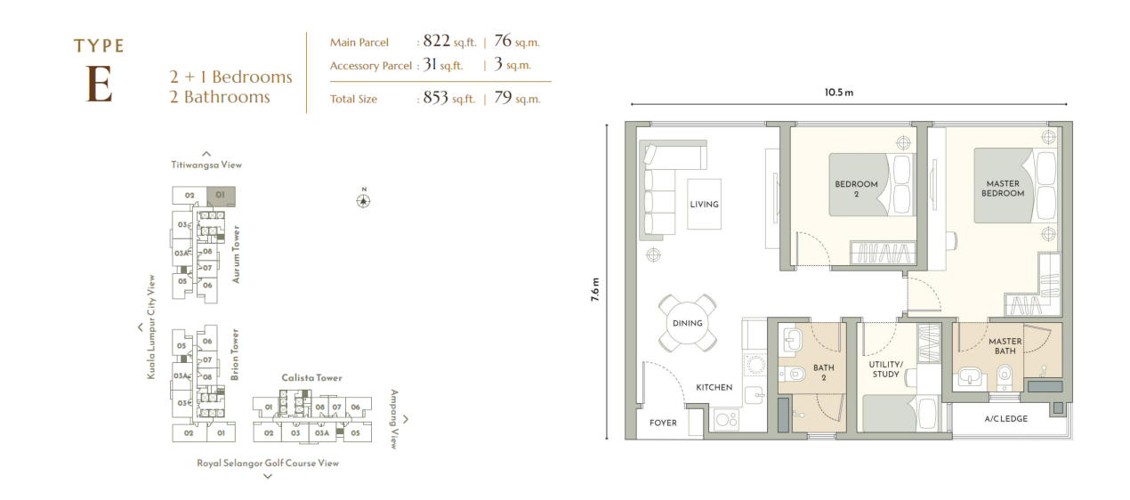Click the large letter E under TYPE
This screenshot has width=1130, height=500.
100,85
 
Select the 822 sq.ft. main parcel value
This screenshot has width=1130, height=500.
449,41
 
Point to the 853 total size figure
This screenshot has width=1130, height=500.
435,97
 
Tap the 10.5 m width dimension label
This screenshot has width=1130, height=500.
839,93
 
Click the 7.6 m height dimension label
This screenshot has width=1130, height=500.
595,290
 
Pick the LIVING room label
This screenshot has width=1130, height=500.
704,205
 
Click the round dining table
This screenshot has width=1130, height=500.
687,323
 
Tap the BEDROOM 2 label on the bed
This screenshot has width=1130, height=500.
856,189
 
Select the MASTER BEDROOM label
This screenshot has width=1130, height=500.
1003,189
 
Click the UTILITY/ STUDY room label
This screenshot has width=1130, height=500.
886,369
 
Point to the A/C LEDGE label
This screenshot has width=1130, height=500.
1006,419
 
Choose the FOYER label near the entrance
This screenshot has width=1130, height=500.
663,423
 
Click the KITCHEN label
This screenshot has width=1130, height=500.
714,388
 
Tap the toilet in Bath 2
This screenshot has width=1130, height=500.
793,374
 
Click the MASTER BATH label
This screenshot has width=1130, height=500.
1005,346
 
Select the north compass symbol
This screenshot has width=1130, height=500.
363,200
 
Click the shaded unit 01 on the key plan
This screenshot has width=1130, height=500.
221,196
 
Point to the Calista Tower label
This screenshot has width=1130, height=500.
311,377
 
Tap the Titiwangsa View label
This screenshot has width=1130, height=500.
206,165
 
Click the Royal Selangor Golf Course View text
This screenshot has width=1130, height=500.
268,464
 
